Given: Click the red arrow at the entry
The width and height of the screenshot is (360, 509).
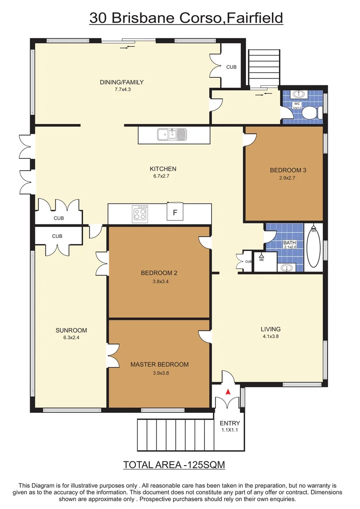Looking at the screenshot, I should [x=228, y=391].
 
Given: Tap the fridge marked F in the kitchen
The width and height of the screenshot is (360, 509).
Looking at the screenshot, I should [x=175, y=213].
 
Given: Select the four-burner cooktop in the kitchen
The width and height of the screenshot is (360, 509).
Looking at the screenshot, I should [x=140, y=213].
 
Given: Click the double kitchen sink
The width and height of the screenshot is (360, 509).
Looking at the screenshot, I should [x=172, y=134].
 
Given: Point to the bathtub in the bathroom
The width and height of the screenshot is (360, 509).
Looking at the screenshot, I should [x=313, y=248].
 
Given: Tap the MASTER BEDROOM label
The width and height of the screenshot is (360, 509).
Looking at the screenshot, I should [x=159, y=364].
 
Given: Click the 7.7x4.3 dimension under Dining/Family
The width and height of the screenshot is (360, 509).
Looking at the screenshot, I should [x=122, y=89].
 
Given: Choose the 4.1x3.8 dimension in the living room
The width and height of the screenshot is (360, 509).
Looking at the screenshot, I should [x=270, y=337].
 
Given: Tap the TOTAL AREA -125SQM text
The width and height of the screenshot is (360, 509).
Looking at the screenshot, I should [x=174, y=465].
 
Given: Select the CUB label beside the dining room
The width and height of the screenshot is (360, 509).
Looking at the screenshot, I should [x=231, y=67].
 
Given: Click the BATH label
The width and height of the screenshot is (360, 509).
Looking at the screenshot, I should [x=289, y=243].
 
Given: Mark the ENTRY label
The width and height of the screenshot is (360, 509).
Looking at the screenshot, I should [x=229, y=423].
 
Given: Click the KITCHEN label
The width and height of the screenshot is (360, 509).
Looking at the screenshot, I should [x=163, y=169].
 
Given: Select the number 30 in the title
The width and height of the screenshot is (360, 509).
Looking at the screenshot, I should [x=98, y=18].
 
